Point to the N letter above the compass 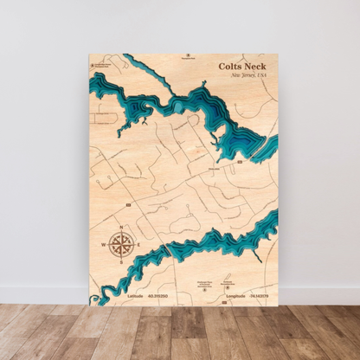point(120,226)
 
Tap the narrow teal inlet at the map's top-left point(138,69)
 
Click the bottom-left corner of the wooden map point(89,305)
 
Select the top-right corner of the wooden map point(279,54)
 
